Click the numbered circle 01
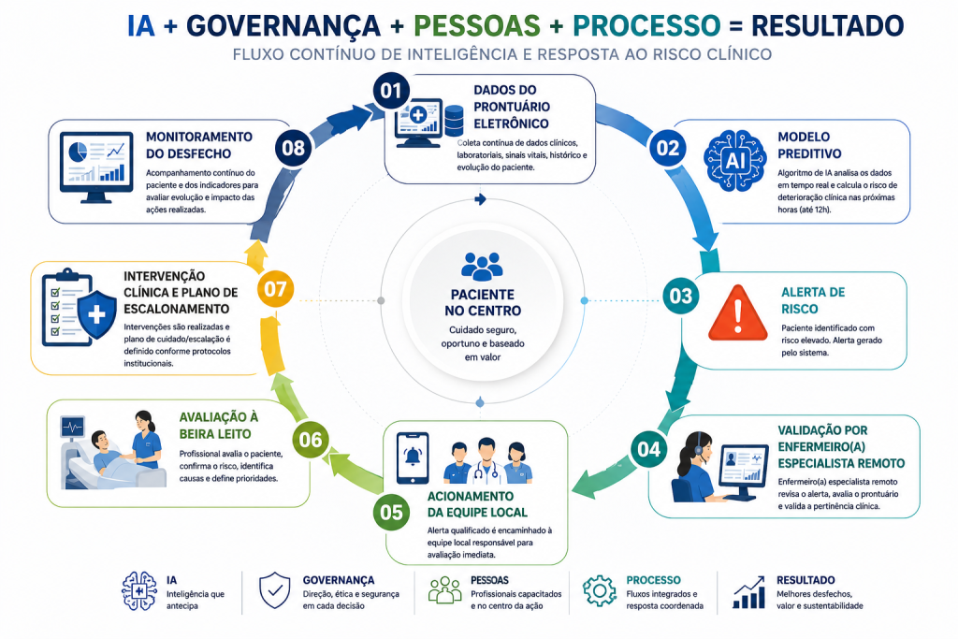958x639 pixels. point(392,91)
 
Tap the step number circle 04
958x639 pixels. point(649,450)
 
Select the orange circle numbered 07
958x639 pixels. point(276,289)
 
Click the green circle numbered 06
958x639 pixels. point(311,440)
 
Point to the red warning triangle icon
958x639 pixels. point(738,313)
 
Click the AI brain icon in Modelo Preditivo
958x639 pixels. point(734,161)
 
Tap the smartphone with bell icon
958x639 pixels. point(413,458)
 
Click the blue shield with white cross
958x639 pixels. point(97,314)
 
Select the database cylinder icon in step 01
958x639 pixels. point(454,121)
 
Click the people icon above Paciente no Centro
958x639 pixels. point(482,267)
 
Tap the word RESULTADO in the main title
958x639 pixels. point(827,25)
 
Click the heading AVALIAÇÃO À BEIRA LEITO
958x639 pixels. point(219,425)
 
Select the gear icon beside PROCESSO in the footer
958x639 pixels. point(600,590)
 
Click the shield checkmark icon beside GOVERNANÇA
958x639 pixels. point(275,590)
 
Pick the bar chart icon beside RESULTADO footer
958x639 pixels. point(749,592)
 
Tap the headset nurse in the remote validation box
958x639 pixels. point(696,467)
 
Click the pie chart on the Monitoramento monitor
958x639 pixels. point(78,152)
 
